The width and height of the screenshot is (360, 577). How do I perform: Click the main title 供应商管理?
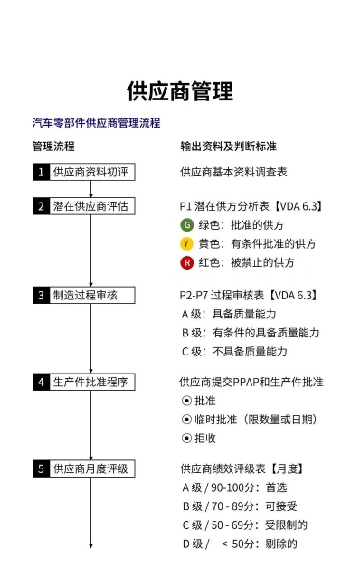coord(180,91)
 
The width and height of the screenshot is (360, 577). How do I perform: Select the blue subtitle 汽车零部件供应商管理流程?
coord(97,122)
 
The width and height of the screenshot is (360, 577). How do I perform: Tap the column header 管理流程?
coord(53,147)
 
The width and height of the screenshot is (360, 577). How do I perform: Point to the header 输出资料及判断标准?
coord(228,147)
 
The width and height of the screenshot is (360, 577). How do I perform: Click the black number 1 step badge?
coord(41,172)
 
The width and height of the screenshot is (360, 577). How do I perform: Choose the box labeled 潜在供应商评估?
coord(84,206)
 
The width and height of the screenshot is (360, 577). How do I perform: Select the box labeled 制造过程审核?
coord(84,295)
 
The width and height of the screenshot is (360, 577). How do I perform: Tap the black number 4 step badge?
coord(41,382)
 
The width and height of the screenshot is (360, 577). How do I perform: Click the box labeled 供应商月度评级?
coord(84,468)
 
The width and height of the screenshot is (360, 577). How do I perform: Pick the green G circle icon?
coord(187,225)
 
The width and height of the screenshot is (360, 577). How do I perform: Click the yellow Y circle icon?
coord(187,243)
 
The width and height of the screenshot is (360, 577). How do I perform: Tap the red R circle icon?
coord(187,263)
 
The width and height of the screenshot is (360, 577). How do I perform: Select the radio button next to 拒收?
coord(186,439)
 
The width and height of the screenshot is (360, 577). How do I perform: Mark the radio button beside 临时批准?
coord(186,420)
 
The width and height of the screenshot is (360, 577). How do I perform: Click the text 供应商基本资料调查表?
coord(233,172)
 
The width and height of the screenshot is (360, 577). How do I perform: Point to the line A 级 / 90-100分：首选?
coord(234,487)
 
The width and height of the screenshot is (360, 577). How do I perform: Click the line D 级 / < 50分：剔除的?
coord(240,544)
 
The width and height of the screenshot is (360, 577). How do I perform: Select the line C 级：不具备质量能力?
coord(234,352)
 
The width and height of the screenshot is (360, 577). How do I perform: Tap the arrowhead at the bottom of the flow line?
coord(91,546)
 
